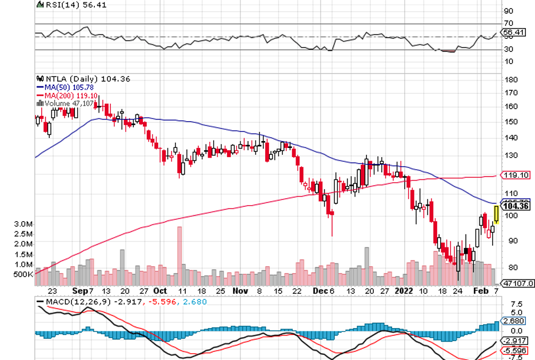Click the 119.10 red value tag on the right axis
(x=513, y=175)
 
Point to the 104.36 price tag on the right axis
(x=513, y=206)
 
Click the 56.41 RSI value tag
(x=513, y=33)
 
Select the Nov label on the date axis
(x=241, y=290)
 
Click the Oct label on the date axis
(x=160, y=290)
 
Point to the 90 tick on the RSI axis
(x=507, y=11)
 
